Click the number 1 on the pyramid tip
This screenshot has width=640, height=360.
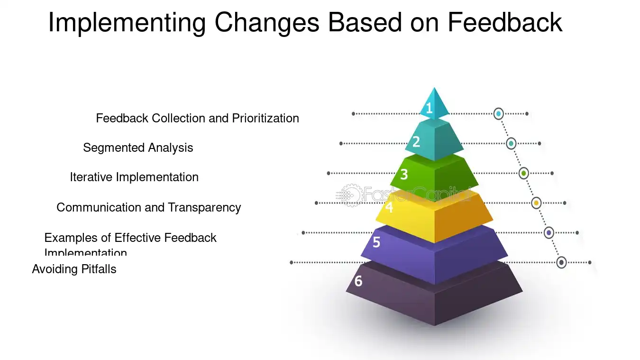[429, 109]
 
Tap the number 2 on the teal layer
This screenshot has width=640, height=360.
[416, 141]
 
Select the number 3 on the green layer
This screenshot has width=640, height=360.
[404, 175]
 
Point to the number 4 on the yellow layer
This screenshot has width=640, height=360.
[389, 208]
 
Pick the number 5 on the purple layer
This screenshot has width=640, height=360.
[376, 242]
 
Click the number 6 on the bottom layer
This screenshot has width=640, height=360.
[358, 281]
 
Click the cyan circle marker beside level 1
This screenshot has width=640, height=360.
[498, 114]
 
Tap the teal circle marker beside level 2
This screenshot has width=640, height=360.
[511, 143]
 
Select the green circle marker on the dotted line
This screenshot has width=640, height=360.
[523, 173]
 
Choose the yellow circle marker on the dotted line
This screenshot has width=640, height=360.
[536, 203]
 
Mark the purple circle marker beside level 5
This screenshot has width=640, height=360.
[549, 233]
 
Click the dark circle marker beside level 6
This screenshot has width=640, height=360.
[561, 262]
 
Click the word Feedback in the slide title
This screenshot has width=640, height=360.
[505, 22]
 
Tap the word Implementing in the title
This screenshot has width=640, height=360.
[127, 22]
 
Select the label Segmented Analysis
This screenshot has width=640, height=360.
[138, 148]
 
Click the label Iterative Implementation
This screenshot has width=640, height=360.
[134, 177]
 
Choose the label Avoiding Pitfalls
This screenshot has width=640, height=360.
[74, 269]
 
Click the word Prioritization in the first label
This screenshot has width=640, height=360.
[265, 118]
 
